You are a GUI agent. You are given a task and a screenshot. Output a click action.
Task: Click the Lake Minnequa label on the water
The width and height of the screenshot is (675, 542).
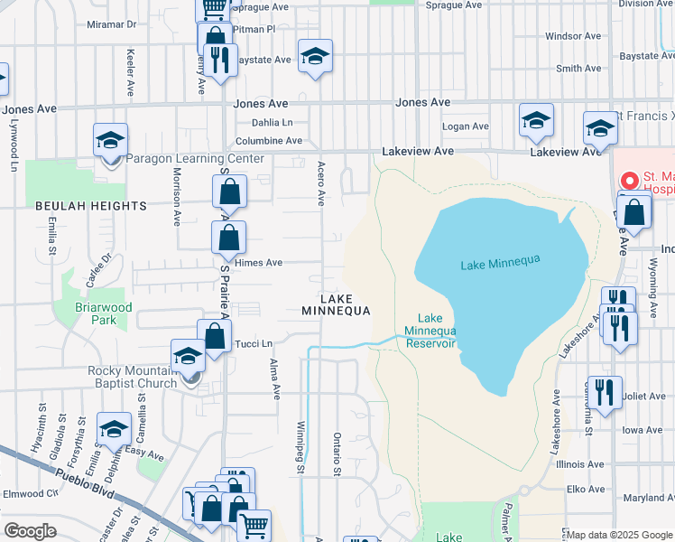[500, 263]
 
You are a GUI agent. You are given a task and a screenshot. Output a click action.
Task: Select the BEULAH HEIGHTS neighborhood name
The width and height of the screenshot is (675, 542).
[90, 206]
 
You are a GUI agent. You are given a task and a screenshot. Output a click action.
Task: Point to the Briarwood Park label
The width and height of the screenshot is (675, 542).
[104, 313]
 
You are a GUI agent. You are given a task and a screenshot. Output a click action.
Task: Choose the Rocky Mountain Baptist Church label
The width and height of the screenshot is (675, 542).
[132, 378]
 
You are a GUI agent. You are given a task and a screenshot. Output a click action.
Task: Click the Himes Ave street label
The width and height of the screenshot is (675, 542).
[259, 263]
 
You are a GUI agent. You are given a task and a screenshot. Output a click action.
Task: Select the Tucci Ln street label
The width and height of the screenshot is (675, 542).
[254, 342]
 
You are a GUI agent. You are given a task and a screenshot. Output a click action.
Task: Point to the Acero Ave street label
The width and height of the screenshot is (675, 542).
[320, 184]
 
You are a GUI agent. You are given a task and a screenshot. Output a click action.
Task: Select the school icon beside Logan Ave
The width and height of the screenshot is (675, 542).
[536, 121]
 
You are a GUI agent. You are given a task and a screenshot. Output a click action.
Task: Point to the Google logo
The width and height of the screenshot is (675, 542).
[30, 531]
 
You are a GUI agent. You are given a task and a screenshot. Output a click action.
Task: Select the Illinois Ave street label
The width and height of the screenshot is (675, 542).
[581, 463]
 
